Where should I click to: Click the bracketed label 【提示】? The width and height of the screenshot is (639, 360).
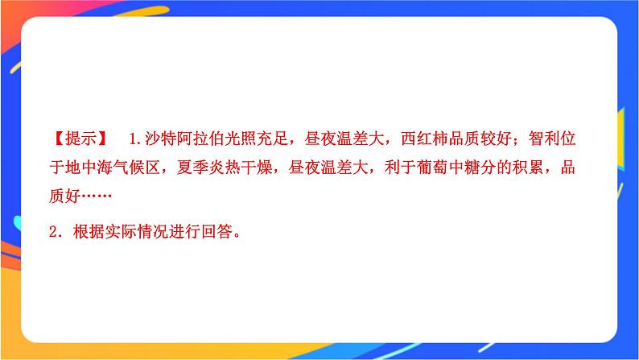79,138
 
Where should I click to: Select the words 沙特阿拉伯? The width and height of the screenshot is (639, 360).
186,138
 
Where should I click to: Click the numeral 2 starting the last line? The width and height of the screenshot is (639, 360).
54,233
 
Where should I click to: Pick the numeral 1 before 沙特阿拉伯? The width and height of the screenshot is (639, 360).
131,138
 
